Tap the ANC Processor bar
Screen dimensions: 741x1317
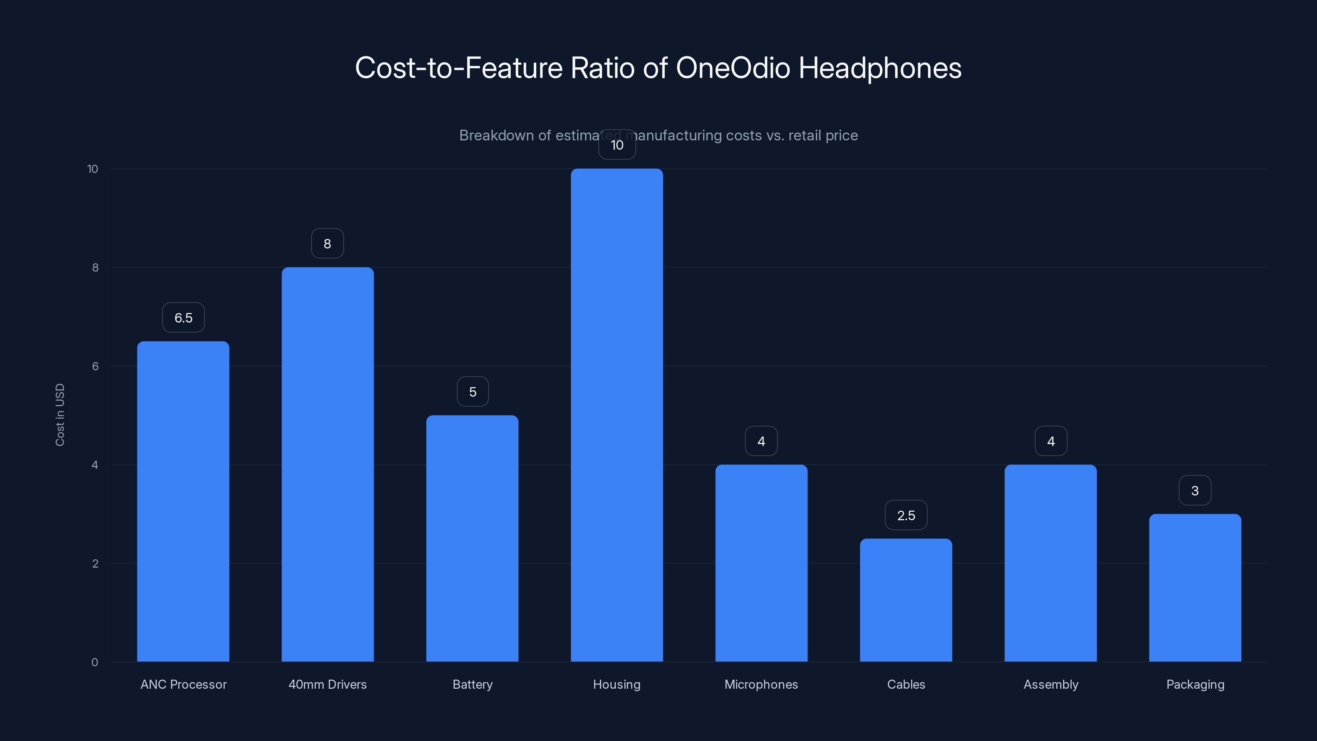pos(183,501)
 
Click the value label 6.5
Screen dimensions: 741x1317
pos(183,317)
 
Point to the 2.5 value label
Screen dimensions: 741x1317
pos(905,515)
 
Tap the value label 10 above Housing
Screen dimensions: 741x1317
pos(617,145)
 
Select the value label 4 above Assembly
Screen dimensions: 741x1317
pos(1051,441)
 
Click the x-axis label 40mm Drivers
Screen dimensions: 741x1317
pos(327,684)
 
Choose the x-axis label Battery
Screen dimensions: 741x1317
pos(472,684)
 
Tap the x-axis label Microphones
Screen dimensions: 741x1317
pos(761,684)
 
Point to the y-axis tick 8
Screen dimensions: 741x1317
pos(95,268)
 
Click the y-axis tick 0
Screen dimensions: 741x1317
pos(95,662)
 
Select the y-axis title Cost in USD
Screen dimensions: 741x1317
pos(60,415)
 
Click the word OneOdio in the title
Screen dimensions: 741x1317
pos(733,68)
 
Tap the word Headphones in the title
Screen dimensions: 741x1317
pos(880,68)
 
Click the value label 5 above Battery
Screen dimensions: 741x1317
pos(472,392)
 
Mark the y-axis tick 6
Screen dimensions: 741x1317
pos(95,366)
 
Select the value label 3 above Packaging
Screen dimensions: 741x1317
pos(1195,490)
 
